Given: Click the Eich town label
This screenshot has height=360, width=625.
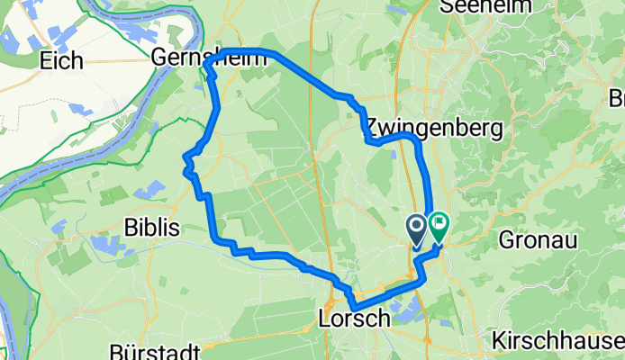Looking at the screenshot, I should pyautogui.click(x=61, y=61).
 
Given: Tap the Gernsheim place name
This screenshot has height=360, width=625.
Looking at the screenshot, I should pyautogui.click(x=210, y=58).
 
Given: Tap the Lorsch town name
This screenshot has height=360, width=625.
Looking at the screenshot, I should pyautogui.click(x=354, y=318).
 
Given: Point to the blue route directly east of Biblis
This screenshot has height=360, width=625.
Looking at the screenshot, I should pyautogui.click(x=214, y=225).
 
